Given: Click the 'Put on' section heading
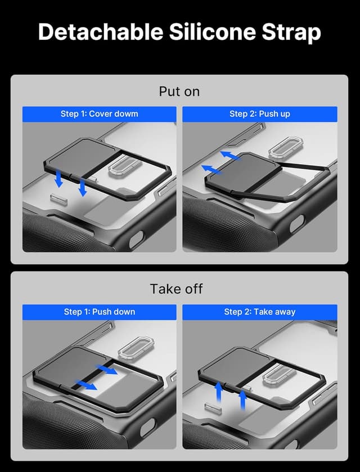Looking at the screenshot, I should coord(179,92).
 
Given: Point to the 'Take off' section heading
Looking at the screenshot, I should coord(176,289).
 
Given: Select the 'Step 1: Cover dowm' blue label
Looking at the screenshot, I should coord(99,114).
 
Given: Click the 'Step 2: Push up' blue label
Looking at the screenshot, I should coord(259,114).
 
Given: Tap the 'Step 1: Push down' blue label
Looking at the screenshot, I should coord(99,312).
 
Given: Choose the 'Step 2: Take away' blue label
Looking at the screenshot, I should coord(259,312).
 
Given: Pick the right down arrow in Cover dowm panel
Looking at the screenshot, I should coord(83,188).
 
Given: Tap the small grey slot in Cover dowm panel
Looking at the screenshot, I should coord(58,198).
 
